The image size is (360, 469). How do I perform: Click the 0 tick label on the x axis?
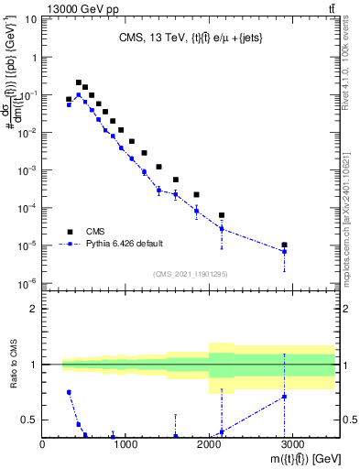tap(42, 442)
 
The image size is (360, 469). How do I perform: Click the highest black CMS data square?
tap(79, 82)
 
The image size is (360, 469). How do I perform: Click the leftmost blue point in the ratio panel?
tap(69, 392)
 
